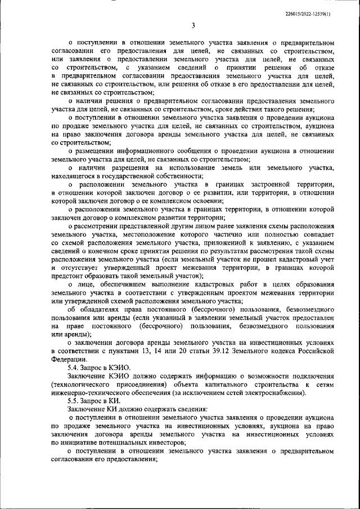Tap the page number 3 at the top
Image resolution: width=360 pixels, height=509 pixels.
click(x=192, y=25)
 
